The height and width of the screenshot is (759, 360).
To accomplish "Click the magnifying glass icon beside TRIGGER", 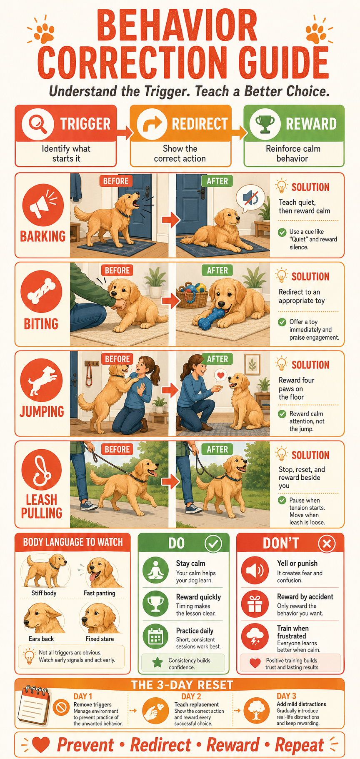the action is pyautogui.click(x=37, y=123).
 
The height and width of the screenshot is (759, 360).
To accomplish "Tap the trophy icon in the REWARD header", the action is pyautogui.click(x=265, y=124).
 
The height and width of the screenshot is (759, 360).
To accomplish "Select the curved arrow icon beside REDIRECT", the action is pyautogui.click(x=152, y=124).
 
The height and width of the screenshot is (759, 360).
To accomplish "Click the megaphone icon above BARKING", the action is pyautogui.click(x=43, y=205).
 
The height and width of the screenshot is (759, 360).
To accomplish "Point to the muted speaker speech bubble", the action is pyautogui.click(x=250, y=198).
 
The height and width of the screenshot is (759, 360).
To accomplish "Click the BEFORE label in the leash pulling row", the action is pyautogui.click(x=117, y=449).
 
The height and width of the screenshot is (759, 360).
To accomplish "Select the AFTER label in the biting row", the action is pyautogui.click(x=217, y=271).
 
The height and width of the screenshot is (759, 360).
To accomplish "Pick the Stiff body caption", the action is pyautogui.click(x=44, y=593).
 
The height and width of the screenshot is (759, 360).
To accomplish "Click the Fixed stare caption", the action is pyautogui.click(x=100, y=639).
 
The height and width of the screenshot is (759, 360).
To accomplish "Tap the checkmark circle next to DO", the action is pyautogui.click(x=213, y=544).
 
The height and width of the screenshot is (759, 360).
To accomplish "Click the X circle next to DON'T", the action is pyautogui.click(x=327, y=544).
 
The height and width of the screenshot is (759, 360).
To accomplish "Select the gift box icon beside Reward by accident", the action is pyautogui.click(x=255, y=604).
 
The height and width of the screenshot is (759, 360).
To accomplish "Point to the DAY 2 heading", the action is pyautogui.click(x=191, y=696).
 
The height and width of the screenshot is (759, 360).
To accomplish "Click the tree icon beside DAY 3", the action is pyautogui.click(x=256, y=710).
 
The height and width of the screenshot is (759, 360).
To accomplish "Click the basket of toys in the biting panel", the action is pyautogui.click(x=193, y=293).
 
